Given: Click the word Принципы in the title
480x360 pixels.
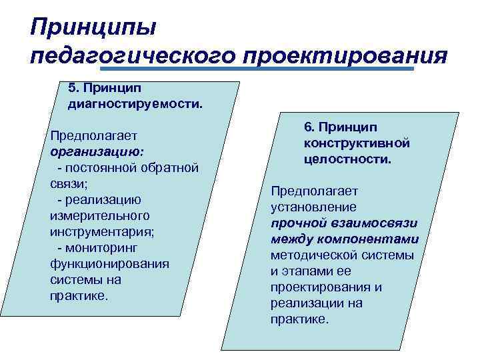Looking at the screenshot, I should pyautogui.click(x=93, y=29).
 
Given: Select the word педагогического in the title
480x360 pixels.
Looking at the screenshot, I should pyautogui.click(x=133, y=56).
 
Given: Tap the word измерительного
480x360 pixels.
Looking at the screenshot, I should pyautogui.click(x=99, y=215).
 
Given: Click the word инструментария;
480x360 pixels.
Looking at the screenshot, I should pyautogui.click(x=101, y=231).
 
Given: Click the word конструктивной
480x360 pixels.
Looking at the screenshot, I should pyautogui.click(x=356, y=143).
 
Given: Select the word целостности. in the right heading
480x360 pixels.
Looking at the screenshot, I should pyautogui.click(x=347, y=159).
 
